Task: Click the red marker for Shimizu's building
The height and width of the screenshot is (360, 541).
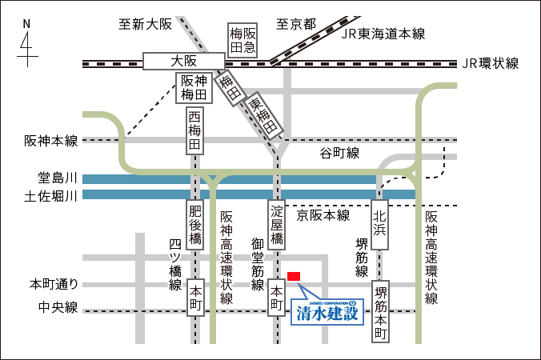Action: tap(294, 276)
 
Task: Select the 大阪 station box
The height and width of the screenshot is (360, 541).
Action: tap(184, 61)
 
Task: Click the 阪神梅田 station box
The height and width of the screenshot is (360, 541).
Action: tap(196, 88)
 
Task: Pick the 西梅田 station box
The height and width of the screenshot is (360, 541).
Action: tap(195, 132)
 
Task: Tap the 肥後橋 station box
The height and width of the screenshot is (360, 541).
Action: tap(195, 226)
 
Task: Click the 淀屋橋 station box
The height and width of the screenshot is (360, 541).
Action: tap(277, 226)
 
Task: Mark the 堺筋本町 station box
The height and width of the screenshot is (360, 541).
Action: tap(382, 312)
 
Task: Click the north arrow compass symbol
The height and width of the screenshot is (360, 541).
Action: tap(26, 45)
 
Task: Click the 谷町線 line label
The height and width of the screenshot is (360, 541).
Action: tap(340, 153)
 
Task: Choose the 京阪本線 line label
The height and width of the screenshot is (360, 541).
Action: tap(324, 215)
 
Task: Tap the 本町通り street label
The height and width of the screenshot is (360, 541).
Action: tap(54, 283)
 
